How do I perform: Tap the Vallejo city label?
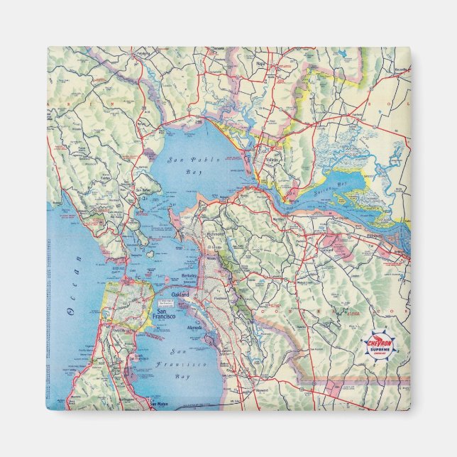pyautogui.click(x=272, y=160)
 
